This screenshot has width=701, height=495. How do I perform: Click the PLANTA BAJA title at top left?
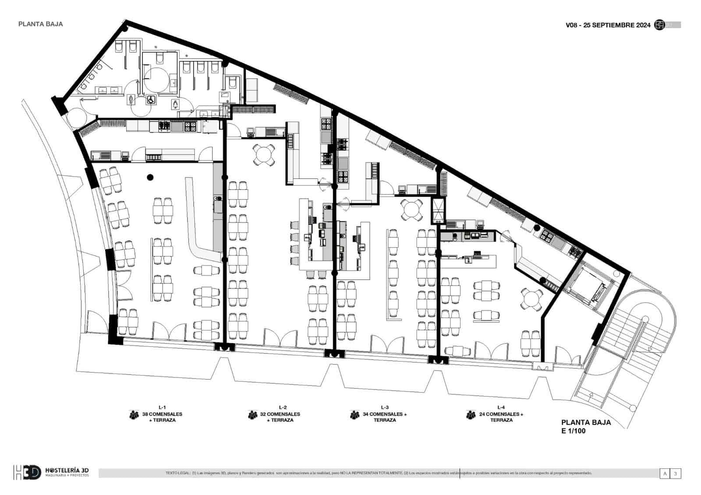(x=40, y=24)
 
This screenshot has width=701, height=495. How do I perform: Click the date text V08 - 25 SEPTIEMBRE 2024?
(x=608, y=25)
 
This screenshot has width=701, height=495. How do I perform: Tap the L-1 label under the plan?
(x=162, y=407)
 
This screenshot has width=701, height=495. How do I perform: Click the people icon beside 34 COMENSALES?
(x=354, y=414)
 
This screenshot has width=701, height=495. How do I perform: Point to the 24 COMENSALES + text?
(x=501, y=414)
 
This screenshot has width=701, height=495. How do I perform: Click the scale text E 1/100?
(x=574, y=431)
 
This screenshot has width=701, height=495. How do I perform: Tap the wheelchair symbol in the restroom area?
(x=150, y=100)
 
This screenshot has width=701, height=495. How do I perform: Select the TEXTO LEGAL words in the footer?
(x=177, y=473)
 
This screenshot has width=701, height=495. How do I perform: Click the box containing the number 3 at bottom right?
(x=676, y=474)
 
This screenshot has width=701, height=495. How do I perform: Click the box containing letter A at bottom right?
(x=665, y=474)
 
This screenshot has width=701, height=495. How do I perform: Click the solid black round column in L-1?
(x=150, y=177)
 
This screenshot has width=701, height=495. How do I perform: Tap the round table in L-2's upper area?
(x=264, y=155)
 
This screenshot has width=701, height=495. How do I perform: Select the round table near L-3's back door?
(x=412, y=210)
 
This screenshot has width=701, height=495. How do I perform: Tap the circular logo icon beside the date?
(x=659, y=25)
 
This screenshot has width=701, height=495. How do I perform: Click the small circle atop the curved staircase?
(x=645, y=318)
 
